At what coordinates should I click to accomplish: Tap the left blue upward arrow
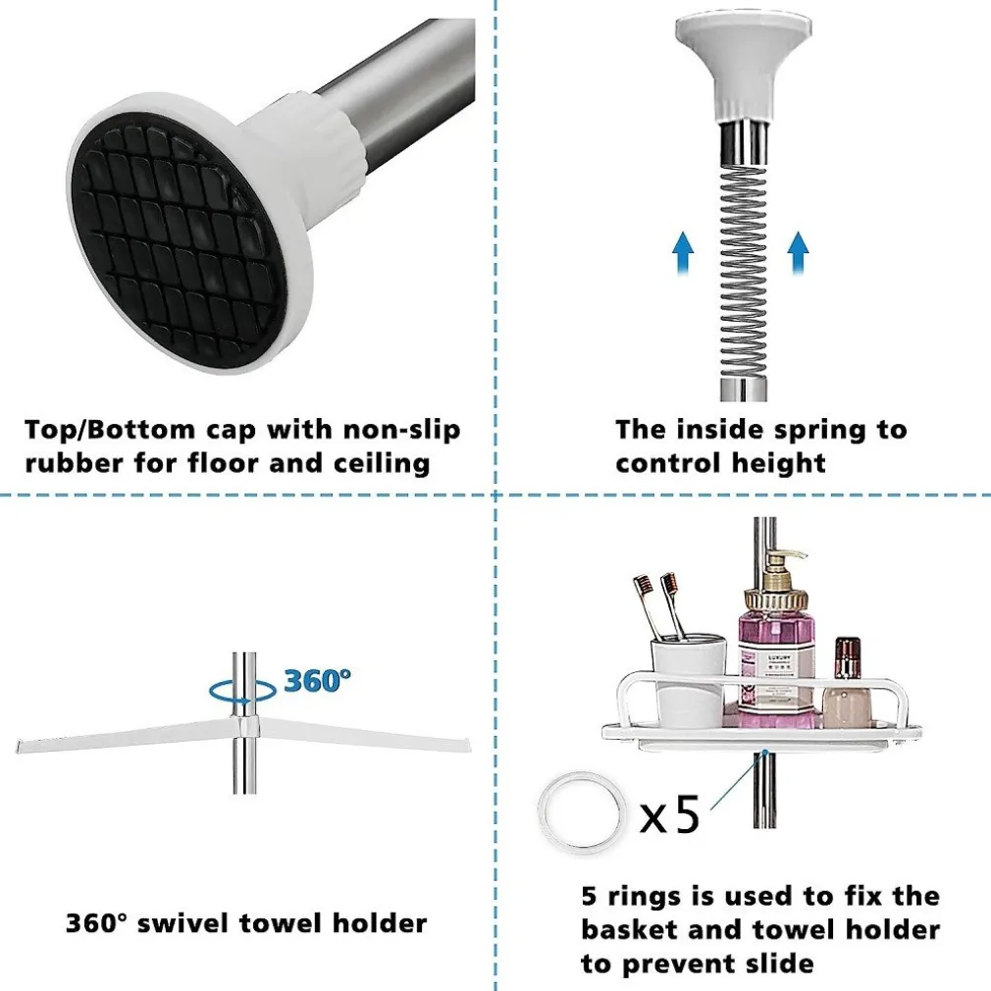683,253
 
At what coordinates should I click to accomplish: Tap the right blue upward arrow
799,253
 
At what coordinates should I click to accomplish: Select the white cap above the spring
743,67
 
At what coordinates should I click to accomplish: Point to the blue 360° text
317,681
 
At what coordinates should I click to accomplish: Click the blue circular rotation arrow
242,691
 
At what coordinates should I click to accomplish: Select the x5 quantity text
670,814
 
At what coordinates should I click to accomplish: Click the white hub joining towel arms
244,727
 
